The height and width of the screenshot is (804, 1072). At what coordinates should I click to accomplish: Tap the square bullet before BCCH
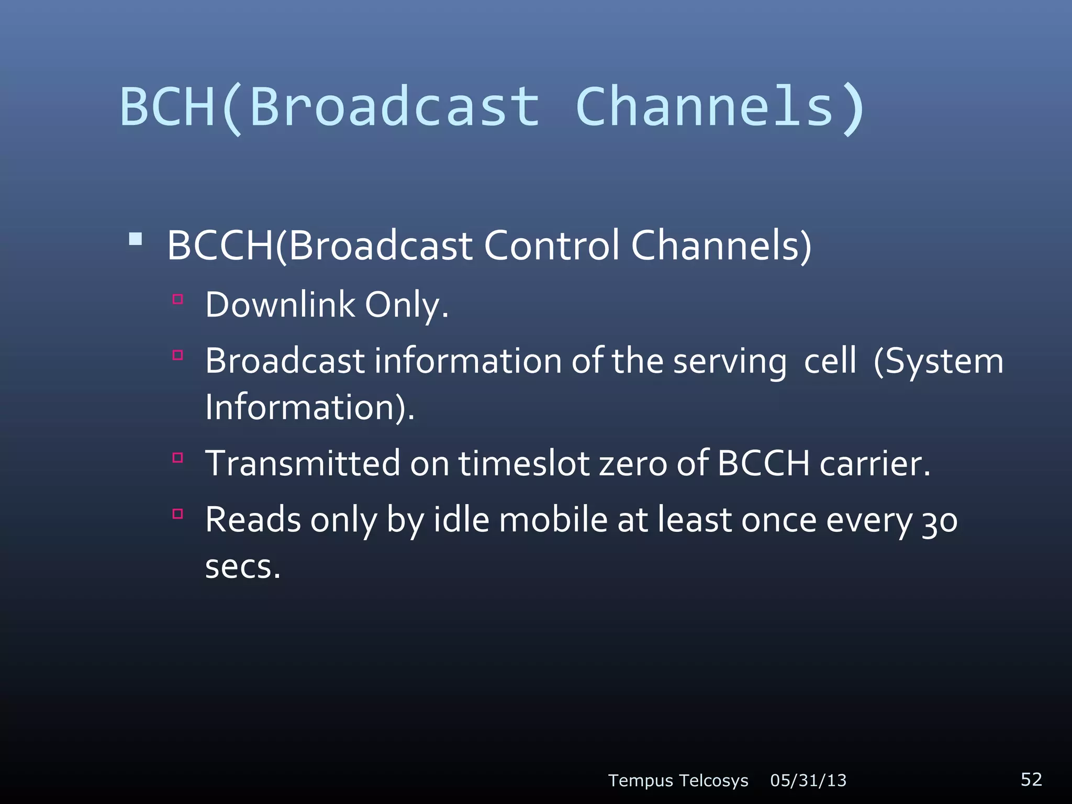[136, 240]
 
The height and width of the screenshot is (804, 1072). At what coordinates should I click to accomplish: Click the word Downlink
[280, 305]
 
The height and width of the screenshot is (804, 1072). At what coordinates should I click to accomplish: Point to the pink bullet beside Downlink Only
[178, 299]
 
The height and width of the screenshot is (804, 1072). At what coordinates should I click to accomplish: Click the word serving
[729, 362]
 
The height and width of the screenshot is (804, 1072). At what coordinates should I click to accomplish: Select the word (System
[938, 361]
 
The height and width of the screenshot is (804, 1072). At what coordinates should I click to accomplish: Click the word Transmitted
[303, 463]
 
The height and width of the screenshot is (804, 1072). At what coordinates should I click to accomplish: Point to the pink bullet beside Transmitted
[178, 458]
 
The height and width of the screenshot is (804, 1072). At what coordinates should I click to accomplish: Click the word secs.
[243, 567]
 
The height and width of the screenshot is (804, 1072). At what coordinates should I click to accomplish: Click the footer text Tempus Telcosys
[678, 780]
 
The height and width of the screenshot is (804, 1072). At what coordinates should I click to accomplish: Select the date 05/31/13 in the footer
[808, 780]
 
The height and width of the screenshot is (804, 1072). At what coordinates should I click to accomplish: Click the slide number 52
[1031, 779]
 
